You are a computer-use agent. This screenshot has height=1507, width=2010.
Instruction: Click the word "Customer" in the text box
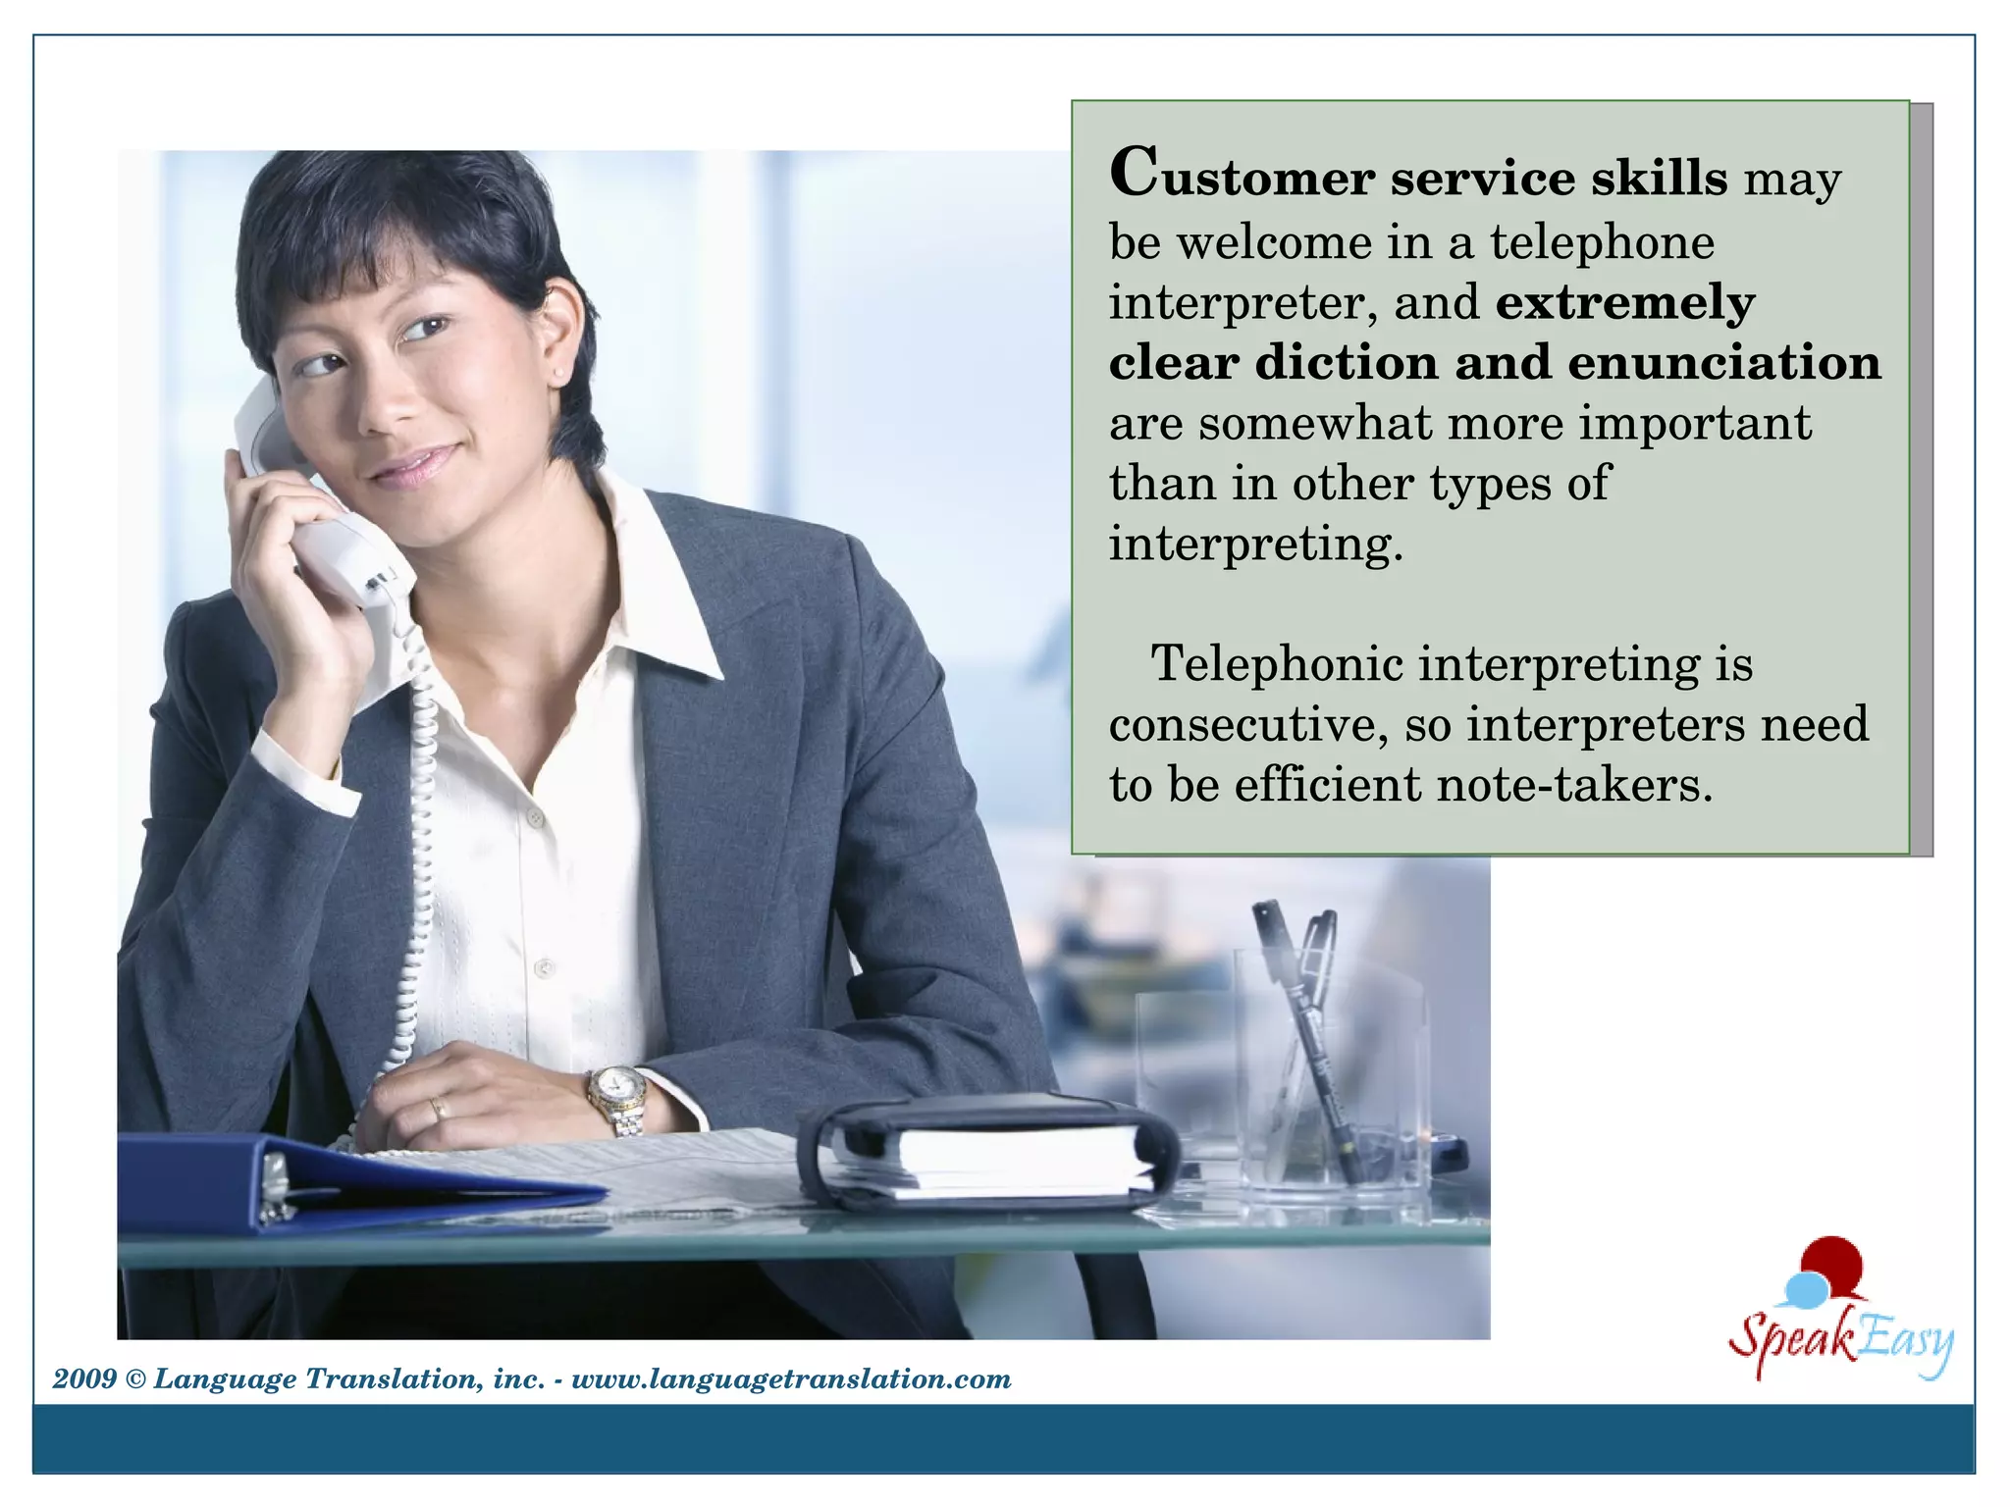pyautogui.click(x=1242, y=177)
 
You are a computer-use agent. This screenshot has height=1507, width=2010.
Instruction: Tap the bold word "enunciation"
pyautogui.click(x=1724, y=363)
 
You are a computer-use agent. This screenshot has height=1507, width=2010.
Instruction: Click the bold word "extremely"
pyautogui.click(x=1625, y=303)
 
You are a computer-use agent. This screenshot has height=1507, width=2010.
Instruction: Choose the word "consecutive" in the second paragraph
pyautogui.click(x=1247, y=725)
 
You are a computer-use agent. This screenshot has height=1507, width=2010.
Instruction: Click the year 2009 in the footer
pyautogui.click(x=84, y=1379)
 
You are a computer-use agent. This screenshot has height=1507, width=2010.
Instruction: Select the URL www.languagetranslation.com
pyautogui.click(x=791, y=1379)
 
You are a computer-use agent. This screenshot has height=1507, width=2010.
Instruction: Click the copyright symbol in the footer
pyautogui.click(x=135, y=1379)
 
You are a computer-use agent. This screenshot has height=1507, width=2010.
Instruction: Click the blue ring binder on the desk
pyautogui.click(x=344, y=1182)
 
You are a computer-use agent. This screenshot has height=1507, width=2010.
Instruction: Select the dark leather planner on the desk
pyautogui.click(x=986, y=1148)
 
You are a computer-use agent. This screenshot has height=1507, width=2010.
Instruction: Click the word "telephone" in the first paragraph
pyautogui.click(x=1602, y=242)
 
